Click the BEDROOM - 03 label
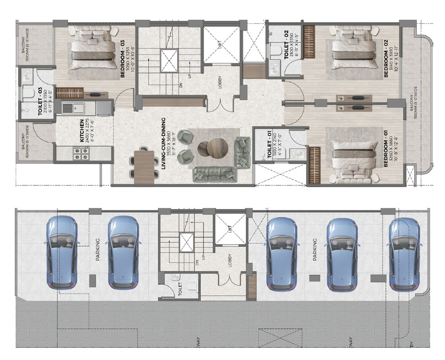pyautogui.click(x=122, y=58)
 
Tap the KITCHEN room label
pyautogui.click(x=82, y=130)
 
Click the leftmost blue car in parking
pyautogui.click(x=61, y=252)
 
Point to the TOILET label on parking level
pyautogui.click(x=180, y=289)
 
